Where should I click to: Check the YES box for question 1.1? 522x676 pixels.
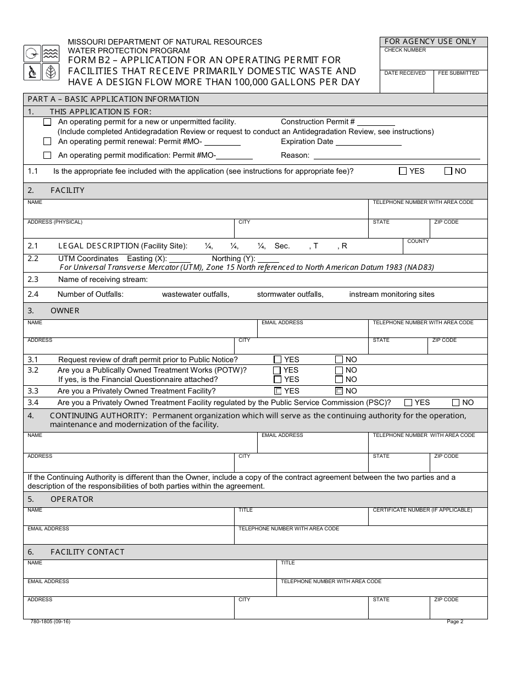coord(403,171)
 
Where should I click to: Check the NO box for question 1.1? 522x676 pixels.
coord(448,171)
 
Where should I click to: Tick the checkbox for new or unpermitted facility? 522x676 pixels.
coord(48,122)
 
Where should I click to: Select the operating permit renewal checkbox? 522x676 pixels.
coord(48,142)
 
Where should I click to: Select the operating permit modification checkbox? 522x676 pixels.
coord(48,156)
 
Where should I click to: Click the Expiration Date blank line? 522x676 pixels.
coord(368,142)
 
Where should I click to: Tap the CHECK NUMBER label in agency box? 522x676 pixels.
coord(405,50)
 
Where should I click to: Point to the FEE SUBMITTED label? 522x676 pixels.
coord(458,73)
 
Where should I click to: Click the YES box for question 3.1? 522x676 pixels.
coord(277,359)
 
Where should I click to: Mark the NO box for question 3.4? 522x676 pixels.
coord(456,402)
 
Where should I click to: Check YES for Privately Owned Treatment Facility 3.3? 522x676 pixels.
coord(277,391)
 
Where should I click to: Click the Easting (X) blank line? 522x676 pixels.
coord(180,259)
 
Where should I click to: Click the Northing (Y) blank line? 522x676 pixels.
coord(268,259)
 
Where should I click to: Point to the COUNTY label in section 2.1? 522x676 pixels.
coord(418,241)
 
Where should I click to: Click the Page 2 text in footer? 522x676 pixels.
coord(455,622)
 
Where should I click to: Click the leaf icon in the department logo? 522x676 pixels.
coord(51,71)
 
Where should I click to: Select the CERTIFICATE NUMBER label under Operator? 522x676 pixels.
coord(422,510)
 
